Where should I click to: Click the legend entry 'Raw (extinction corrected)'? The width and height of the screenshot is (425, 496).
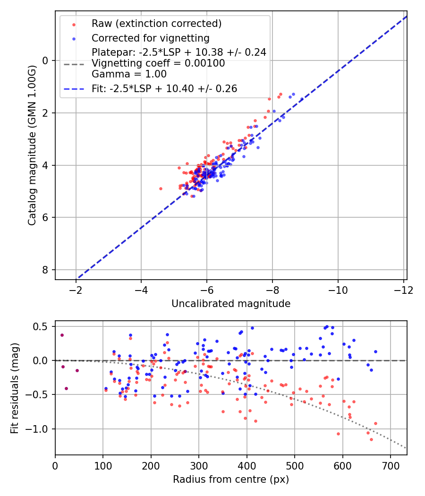click(156, 24)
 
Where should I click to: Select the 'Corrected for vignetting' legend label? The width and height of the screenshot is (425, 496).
click(151, 38)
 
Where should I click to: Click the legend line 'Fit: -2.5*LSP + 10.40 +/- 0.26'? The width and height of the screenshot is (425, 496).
click(164, 88)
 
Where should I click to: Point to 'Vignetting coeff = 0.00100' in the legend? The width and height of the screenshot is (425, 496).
click(158, 63)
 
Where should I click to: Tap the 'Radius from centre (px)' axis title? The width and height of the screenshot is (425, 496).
click(231, 479)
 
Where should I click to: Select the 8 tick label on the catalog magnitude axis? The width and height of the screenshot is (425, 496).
click(44, 270)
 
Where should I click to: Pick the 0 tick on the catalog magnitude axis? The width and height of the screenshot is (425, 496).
click(44, 60)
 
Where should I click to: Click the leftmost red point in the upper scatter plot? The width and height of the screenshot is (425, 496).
click(161, 188)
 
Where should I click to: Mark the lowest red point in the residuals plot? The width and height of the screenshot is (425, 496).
click(371, 439)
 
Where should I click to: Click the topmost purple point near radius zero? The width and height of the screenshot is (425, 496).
click(62, 335)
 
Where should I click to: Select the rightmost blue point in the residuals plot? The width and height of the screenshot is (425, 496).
click(375, 351)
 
